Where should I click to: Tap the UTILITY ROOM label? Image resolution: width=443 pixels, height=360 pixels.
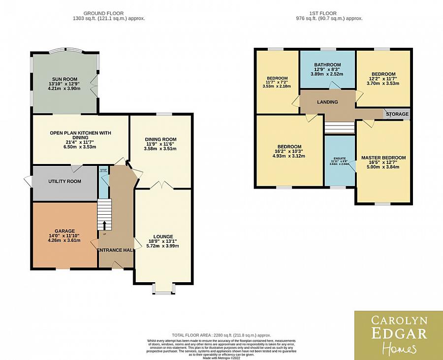point(64,181)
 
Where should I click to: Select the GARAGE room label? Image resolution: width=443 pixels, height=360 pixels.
point(64,231)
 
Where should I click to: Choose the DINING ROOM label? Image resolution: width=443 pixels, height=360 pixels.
point(160,139)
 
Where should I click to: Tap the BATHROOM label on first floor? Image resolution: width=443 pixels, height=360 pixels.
point(327,65)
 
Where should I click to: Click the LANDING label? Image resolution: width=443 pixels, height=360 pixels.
point(327,102)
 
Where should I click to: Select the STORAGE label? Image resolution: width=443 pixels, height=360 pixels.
point(397,114)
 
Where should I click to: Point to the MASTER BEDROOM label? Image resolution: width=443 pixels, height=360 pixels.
point(383,158)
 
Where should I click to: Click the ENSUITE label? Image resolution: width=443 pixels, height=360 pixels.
point(340,158)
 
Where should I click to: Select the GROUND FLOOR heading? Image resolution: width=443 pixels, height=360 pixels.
point(103,13)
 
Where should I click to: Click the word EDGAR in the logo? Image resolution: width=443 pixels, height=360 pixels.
point(398,333)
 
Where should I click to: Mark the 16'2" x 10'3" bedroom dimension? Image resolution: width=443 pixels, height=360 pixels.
point(289,152)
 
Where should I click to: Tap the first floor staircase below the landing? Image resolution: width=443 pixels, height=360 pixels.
point(340,128)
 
